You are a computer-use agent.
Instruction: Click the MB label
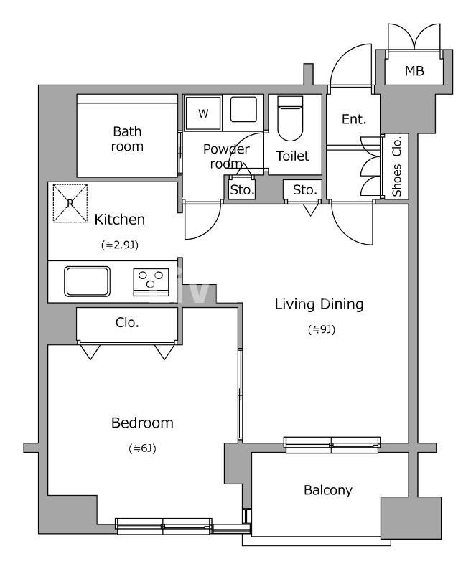coord(414,70)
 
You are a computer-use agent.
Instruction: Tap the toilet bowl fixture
coord(290,118)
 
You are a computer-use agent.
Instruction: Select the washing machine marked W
coord(203,113)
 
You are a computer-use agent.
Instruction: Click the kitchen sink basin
coord(87,281)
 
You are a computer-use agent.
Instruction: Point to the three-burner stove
coord(151,282)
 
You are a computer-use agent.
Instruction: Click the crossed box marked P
coord(70,203)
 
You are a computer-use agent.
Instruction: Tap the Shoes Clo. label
coord(397,166)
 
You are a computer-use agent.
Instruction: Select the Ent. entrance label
coord(354,119)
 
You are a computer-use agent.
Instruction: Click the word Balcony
coord(328,490)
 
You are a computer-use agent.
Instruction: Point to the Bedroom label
coord(142,423)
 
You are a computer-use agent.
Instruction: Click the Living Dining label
coord(319,304)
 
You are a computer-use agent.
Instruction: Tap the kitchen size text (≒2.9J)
coord(120,245)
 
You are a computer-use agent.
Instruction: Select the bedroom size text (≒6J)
coord(143,448)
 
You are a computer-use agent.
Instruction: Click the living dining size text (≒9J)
coord(322,330)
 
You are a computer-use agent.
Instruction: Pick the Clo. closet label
coord(127,322)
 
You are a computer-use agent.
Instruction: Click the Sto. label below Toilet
coord(304,189)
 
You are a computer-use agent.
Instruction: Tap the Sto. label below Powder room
coord(242,190)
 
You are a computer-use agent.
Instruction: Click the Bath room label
coord(127,138)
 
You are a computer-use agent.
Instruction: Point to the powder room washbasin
coord(243,109)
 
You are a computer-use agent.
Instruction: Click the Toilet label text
coord(292,156)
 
